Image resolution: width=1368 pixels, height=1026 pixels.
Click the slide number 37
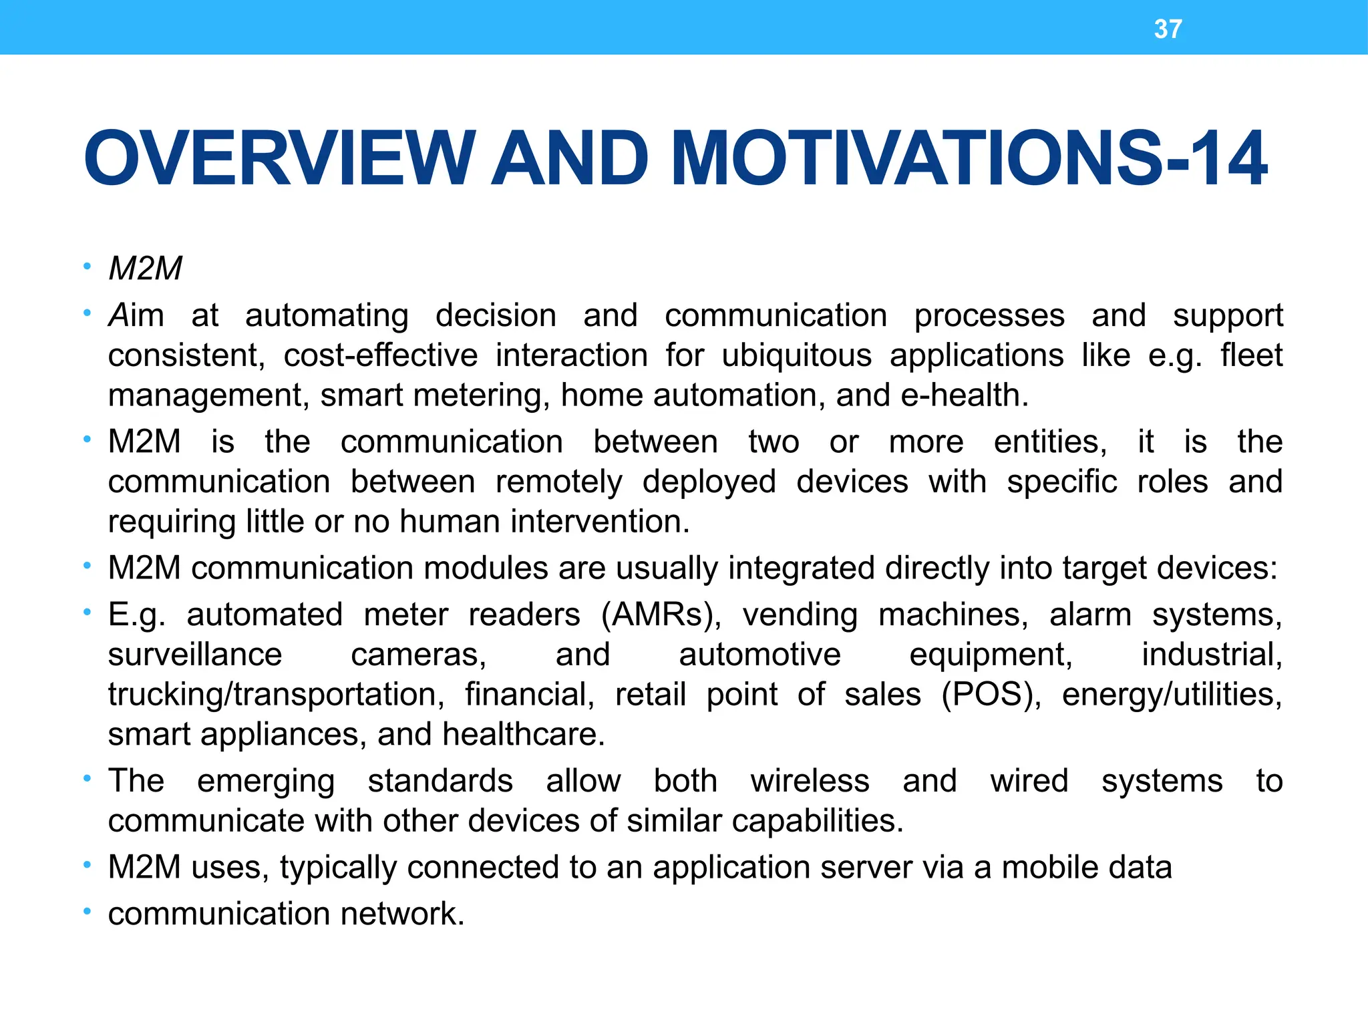coord(1168,29)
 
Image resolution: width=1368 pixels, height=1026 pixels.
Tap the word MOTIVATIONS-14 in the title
coord(968,159)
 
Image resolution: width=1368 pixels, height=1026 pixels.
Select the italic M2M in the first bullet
coord(145,269)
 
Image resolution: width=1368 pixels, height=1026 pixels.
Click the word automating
coord(327,315)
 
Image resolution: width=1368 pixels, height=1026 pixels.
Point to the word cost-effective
coord(381,355)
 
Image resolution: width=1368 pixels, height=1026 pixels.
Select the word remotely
coord(559,482)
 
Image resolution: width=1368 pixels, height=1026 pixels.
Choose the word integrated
coord(801,568)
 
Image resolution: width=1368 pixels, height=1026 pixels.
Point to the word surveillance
coord(195,655)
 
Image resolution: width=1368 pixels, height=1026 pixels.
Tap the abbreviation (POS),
coord(991,695)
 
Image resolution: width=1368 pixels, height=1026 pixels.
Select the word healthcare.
coord(523,735)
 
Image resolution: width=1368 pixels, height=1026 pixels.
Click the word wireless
coord(810,781)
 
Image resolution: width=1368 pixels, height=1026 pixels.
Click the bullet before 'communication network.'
coord(87,912)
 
